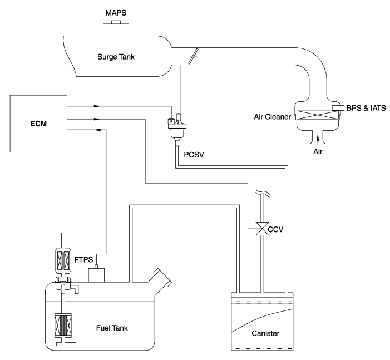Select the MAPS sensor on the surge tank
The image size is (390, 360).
(x=116, y=29)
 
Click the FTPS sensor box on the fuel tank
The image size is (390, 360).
(x=101, y=274)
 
